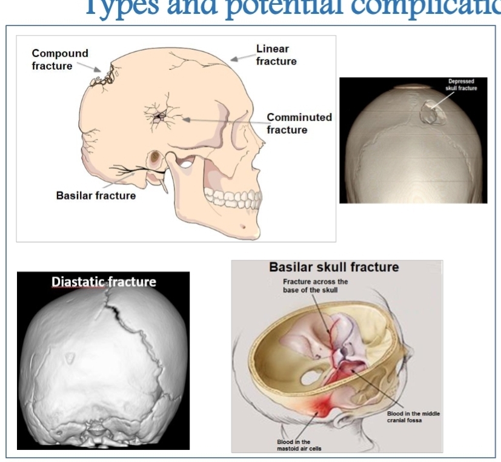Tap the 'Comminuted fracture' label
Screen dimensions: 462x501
[x=299, y=123]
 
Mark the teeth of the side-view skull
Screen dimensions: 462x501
[x=234, y=199]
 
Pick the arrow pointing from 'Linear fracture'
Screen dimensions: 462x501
[x=242, y=59]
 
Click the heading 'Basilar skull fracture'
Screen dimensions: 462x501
[x=333, y=267]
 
